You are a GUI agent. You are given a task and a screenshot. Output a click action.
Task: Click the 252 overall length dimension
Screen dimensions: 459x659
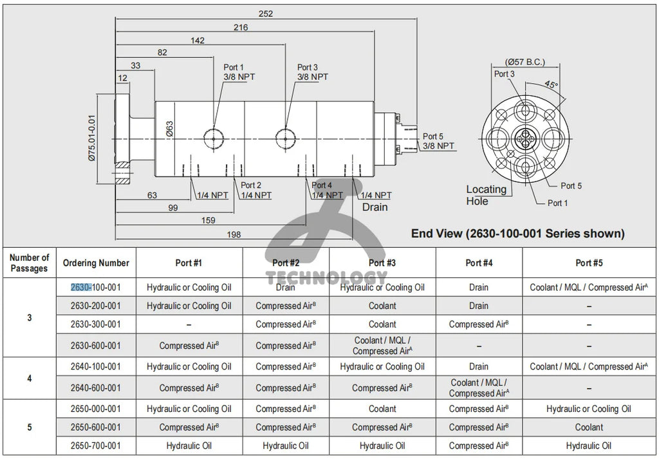pos(265,14)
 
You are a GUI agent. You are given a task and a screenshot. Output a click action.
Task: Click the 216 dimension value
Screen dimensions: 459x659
pos(241,27)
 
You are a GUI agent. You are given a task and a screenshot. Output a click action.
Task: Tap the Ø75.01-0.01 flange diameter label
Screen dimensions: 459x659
pos(92,137)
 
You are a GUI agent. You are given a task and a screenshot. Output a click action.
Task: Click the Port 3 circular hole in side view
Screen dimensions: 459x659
pos(284,136)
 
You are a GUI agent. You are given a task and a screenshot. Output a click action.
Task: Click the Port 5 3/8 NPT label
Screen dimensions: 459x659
pos(438,141)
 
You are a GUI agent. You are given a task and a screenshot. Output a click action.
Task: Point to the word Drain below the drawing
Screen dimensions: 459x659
pos(375,207)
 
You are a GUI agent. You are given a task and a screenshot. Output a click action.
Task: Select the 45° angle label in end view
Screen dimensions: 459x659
pos(551,84)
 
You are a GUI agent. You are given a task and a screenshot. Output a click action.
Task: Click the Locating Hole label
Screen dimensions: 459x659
pos(486,195)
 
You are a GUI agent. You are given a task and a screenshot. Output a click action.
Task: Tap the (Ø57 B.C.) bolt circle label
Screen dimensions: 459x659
pos(525,62)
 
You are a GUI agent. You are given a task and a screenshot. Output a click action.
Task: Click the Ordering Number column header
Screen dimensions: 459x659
pos(96,263)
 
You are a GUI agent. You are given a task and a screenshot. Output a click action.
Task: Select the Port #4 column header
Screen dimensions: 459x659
pos(479,263)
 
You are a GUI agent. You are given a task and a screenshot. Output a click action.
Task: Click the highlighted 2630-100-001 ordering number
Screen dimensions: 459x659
pos(95,287)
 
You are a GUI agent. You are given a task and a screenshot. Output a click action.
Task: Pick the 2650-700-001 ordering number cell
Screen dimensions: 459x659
pos(95,445)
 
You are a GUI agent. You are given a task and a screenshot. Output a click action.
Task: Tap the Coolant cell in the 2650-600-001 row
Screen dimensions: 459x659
pos(589,427)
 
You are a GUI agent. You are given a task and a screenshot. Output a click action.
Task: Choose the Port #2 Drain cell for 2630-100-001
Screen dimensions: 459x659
pos(286,287)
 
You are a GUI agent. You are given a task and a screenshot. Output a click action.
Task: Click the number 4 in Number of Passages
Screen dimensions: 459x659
pos(29,378)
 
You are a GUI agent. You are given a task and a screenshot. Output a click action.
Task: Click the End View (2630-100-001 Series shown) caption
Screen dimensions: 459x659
pos(517,233)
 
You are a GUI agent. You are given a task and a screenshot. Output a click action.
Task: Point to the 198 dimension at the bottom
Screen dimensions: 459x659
pos(234,234)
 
